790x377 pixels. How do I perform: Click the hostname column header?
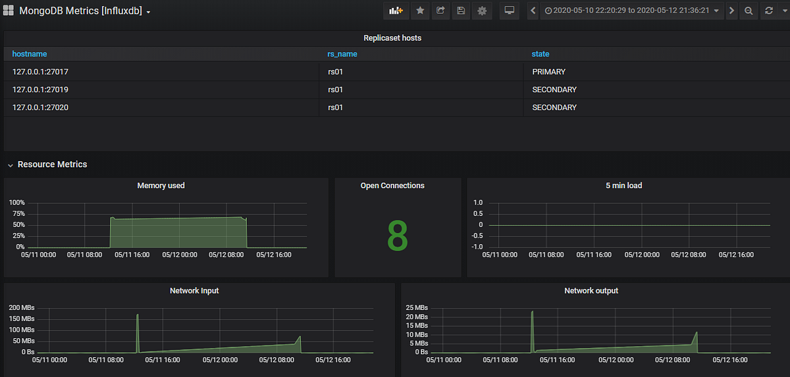click(x=30, y=54)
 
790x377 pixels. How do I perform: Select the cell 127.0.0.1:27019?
click(x=40, y=89)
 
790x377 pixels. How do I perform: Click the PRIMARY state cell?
click(x=548, y=72)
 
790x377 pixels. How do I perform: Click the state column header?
click(x=540, y=54)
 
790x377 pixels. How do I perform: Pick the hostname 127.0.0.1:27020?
click(x=40, y=107)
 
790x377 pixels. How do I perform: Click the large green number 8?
click(x=398, y=235)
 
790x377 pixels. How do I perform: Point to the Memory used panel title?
click(x=161, y=186)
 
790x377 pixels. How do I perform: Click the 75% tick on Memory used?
click(x=17, y=214)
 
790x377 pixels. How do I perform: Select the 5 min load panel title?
click(x=623, y=186)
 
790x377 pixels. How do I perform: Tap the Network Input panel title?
click(x=194, y=290)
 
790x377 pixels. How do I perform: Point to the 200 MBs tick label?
click(x=21, y=307)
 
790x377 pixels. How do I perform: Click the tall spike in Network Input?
click(x=138, y=316)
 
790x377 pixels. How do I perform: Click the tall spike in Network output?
click(x=532, y=313)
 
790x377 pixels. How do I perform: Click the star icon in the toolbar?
click(x=420, y=11)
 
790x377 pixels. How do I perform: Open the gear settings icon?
click(x=483, y=11)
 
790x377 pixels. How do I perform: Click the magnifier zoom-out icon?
click(x=749, y=11)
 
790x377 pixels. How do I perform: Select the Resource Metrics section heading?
click(x=52, y=164)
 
